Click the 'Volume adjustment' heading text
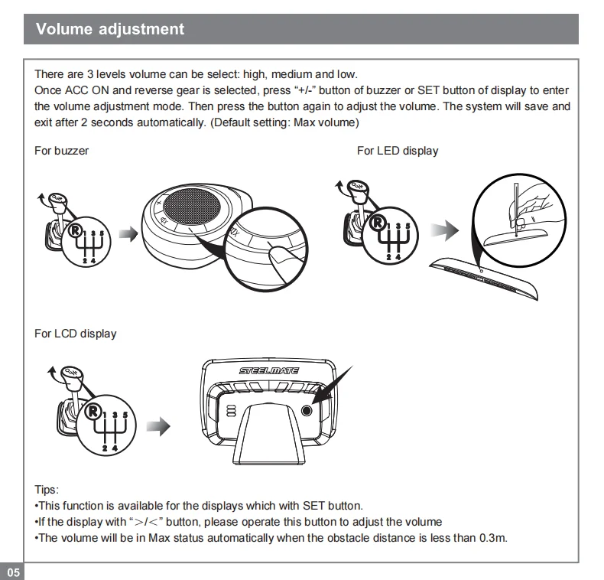[110, 29]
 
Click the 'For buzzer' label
[61, 151]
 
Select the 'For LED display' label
[398, 151]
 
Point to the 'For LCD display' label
[76, 334]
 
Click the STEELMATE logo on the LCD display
[269, 371]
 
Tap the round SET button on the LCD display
[307, 410]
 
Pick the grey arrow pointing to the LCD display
[158, 426]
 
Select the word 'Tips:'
[47, 490]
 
